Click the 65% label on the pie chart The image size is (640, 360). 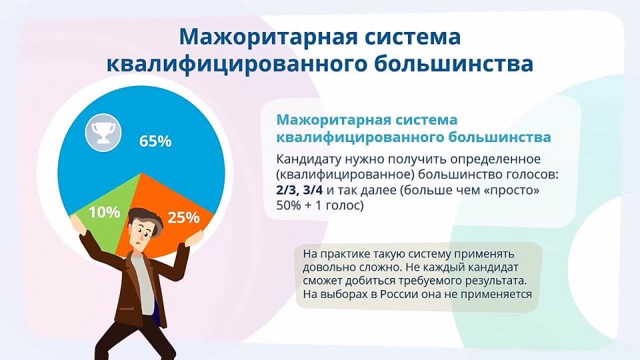[155, 141]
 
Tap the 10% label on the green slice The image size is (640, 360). [104, 213]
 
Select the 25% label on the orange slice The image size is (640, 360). [183, 217]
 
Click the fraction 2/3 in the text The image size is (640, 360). [287, 191]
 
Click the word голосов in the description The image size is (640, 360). [533, 175]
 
